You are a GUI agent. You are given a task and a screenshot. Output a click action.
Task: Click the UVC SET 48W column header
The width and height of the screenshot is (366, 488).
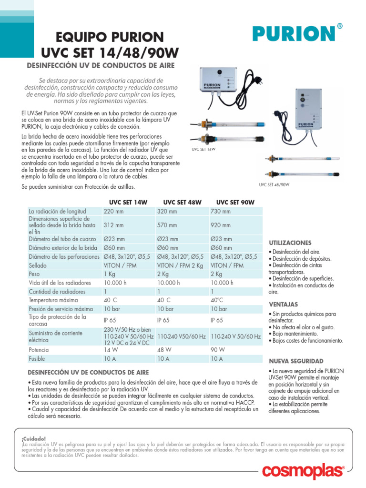coord(182,202)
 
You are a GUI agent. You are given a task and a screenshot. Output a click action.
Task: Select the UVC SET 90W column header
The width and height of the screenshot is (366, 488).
coord(235,202)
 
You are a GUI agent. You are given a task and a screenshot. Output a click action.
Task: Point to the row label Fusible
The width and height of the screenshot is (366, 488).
coord(37,358)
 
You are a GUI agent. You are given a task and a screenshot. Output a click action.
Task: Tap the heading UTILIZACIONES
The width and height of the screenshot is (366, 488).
coord(290,243)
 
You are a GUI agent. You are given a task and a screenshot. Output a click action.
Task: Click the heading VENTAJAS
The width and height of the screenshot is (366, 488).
coord(283,304)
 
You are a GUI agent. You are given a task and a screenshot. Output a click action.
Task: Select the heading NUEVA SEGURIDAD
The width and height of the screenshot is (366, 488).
coord(296,361)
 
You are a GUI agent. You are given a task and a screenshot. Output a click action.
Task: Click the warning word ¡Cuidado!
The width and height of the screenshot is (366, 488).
coord(33,438)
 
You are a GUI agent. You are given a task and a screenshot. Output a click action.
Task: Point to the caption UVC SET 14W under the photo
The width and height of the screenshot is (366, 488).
coord(203,149)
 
